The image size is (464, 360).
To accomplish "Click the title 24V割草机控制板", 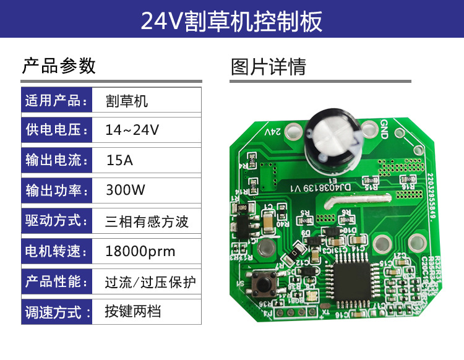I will [x=231, y=21].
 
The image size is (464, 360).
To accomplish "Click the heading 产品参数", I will [x=59, y=66].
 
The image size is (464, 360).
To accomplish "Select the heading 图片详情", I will [x=269, y=66].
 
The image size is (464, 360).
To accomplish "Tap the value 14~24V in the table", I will [x=132, y=131].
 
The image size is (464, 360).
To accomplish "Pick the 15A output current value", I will [x=119, y=161].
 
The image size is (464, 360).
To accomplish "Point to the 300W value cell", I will [x=126, y=190].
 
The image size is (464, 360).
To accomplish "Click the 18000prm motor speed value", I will [x=140, y=252].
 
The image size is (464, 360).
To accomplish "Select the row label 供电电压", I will [x=54, y=131].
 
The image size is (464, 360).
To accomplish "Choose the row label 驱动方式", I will [x=54, y=221].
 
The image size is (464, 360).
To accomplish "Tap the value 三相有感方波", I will [x=147, y=221].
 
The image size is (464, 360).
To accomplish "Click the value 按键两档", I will [x=133, y=311].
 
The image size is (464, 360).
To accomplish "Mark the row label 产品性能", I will [x=54, y=282].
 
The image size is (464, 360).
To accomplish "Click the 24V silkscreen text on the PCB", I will [x=273, y=132].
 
